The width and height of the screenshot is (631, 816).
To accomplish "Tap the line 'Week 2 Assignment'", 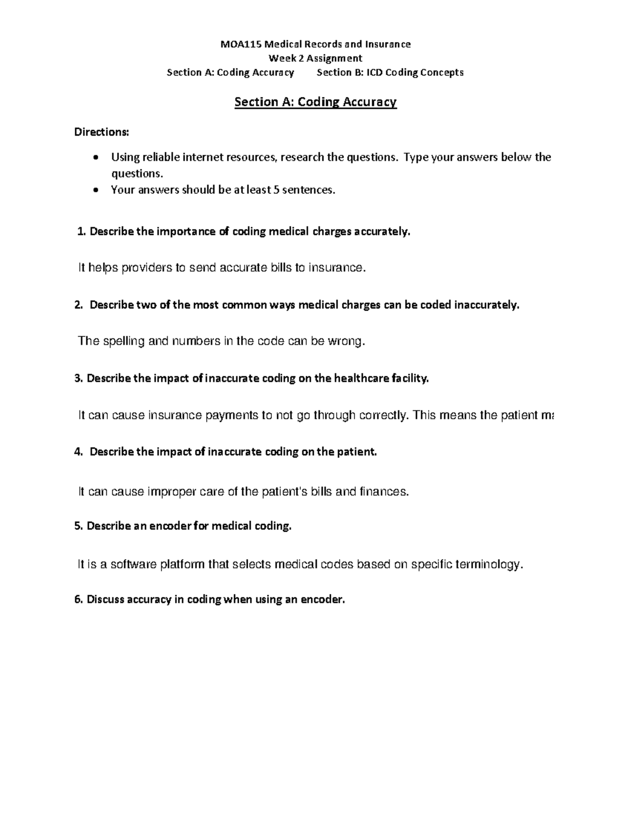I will point(315,58).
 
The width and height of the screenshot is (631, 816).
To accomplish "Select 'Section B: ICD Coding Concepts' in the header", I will point(390,73).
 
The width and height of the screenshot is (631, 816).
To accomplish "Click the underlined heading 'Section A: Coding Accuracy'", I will point(315,102).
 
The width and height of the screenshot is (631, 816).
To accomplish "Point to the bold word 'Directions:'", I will point(101,132).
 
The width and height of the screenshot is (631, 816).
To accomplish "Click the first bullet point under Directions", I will point(95,158).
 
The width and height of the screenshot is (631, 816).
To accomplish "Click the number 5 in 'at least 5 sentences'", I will point(276,190).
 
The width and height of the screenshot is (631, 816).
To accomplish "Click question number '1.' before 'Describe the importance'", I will point(81,232).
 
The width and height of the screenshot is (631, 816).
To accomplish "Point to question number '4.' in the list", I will point(79,452).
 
